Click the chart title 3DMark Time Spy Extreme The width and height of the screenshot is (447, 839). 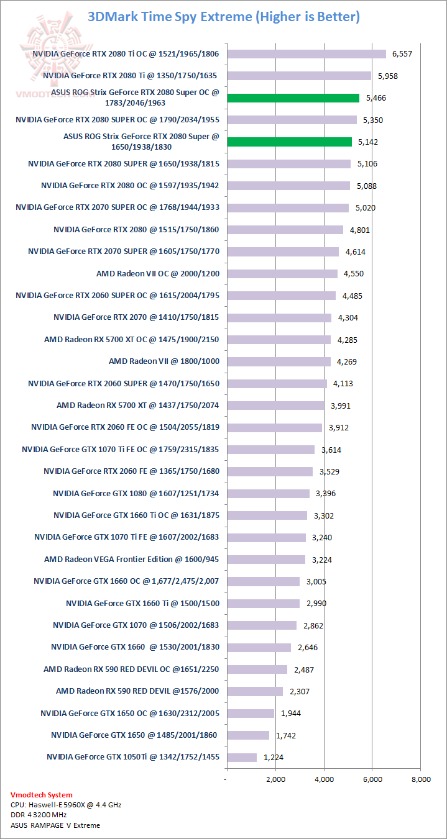click(224, 17)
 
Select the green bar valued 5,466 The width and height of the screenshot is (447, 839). click(293, 98)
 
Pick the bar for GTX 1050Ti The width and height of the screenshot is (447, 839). click(241, 757)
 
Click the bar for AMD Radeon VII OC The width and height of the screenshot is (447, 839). click(282, 273)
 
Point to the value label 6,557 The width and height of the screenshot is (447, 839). click(402, 54)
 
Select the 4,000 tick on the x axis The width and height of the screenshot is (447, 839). click(324, 779)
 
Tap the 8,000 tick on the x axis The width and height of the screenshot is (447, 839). click(421, 779)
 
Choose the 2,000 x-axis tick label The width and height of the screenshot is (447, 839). click(275, 779)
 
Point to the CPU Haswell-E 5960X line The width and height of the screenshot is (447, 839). click(66, 805)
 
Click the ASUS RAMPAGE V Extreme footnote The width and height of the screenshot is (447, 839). click(55, 825)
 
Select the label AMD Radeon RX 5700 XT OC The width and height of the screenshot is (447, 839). click(131, 339)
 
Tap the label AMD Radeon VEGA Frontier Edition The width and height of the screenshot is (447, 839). click(132, 559)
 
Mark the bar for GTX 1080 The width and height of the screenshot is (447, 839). click(268, 493)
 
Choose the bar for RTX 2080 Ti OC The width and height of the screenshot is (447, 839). click(306, 53)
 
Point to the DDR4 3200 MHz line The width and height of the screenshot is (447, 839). click(39, 815)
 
